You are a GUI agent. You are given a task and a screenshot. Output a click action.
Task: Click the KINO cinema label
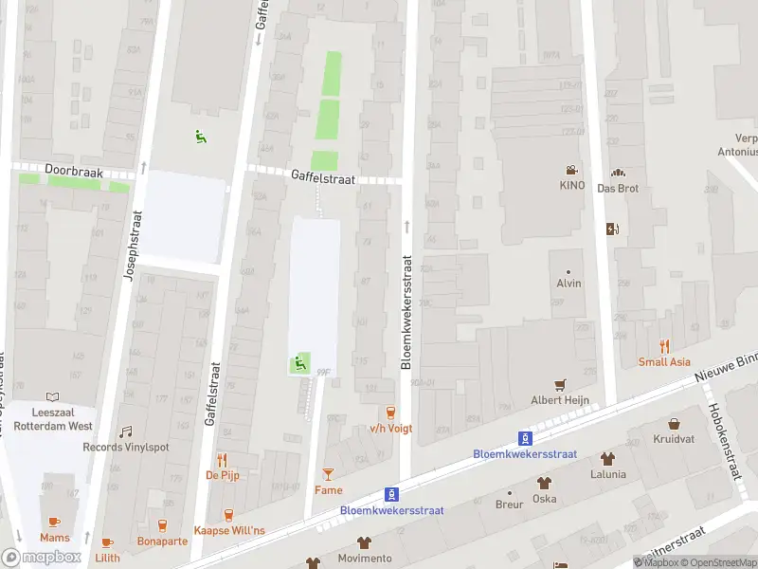coord(572,186)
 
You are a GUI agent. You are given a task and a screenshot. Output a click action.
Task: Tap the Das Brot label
coord(618,188)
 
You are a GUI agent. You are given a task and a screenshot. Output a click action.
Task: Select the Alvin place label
coord(568,284)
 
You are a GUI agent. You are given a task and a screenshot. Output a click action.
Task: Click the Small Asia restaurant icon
coord(664,346)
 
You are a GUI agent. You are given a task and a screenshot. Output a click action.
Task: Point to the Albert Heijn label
coord(560,399)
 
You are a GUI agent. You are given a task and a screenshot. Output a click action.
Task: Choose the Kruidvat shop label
coord(674,439)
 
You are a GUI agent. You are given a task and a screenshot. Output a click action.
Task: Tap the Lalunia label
coord(607,474)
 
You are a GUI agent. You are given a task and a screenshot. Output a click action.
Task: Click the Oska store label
coord(545,498)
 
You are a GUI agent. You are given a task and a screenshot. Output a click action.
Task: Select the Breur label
coord(509,505)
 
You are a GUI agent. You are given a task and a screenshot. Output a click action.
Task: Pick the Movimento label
coord(365,559)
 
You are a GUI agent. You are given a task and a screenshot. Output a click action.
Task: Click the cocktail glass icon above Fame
coord(328,473)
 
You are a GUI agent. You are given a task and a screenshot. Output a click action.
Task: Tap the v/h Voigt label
coord(389,428)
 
